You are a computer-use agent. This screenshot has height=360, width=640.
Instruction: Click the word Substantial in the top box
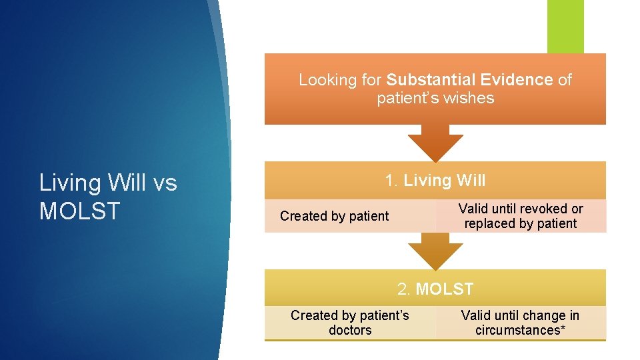coord(423,80)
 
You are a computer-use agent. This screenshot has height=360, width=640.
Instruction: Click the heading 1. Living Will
coord(435,180)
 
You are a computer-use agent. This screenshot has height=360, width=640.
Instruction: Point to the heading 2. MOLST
coord(435,289)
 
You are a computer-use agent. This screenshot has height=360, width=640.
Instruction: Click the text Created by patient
coord(334,216)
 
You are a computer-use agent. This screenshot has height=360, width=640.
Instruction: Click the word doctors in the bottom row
coord(350,330)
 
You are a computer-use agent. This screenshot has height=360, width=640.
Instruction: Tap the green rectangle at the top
coord(565,25)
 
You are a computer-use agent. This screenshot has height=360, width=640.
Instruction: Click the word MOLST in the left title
coord(79,211)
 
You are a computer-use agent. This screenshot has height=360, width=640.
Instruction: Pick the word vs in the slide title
coord(163,182)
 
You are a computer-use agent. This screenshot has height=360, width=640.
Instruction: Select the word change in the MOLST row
coord(543,315)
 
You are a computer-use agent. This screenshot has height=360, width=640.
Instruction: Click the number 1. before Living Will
coord(391,180)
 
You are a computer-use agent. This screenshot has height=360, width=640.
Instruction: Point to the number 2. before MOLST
coord(404,289)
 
